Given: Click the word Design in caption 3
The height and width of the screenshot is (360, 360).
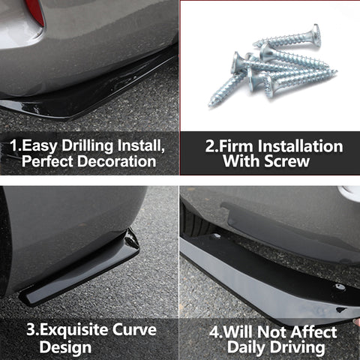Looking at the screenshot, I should [65, 348].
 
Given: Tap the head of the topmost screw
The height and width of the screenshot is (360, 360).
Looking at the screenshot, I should [316, 34].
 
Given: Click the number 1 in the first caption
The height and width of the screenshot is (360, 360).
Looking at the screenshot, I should [13, 145].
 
